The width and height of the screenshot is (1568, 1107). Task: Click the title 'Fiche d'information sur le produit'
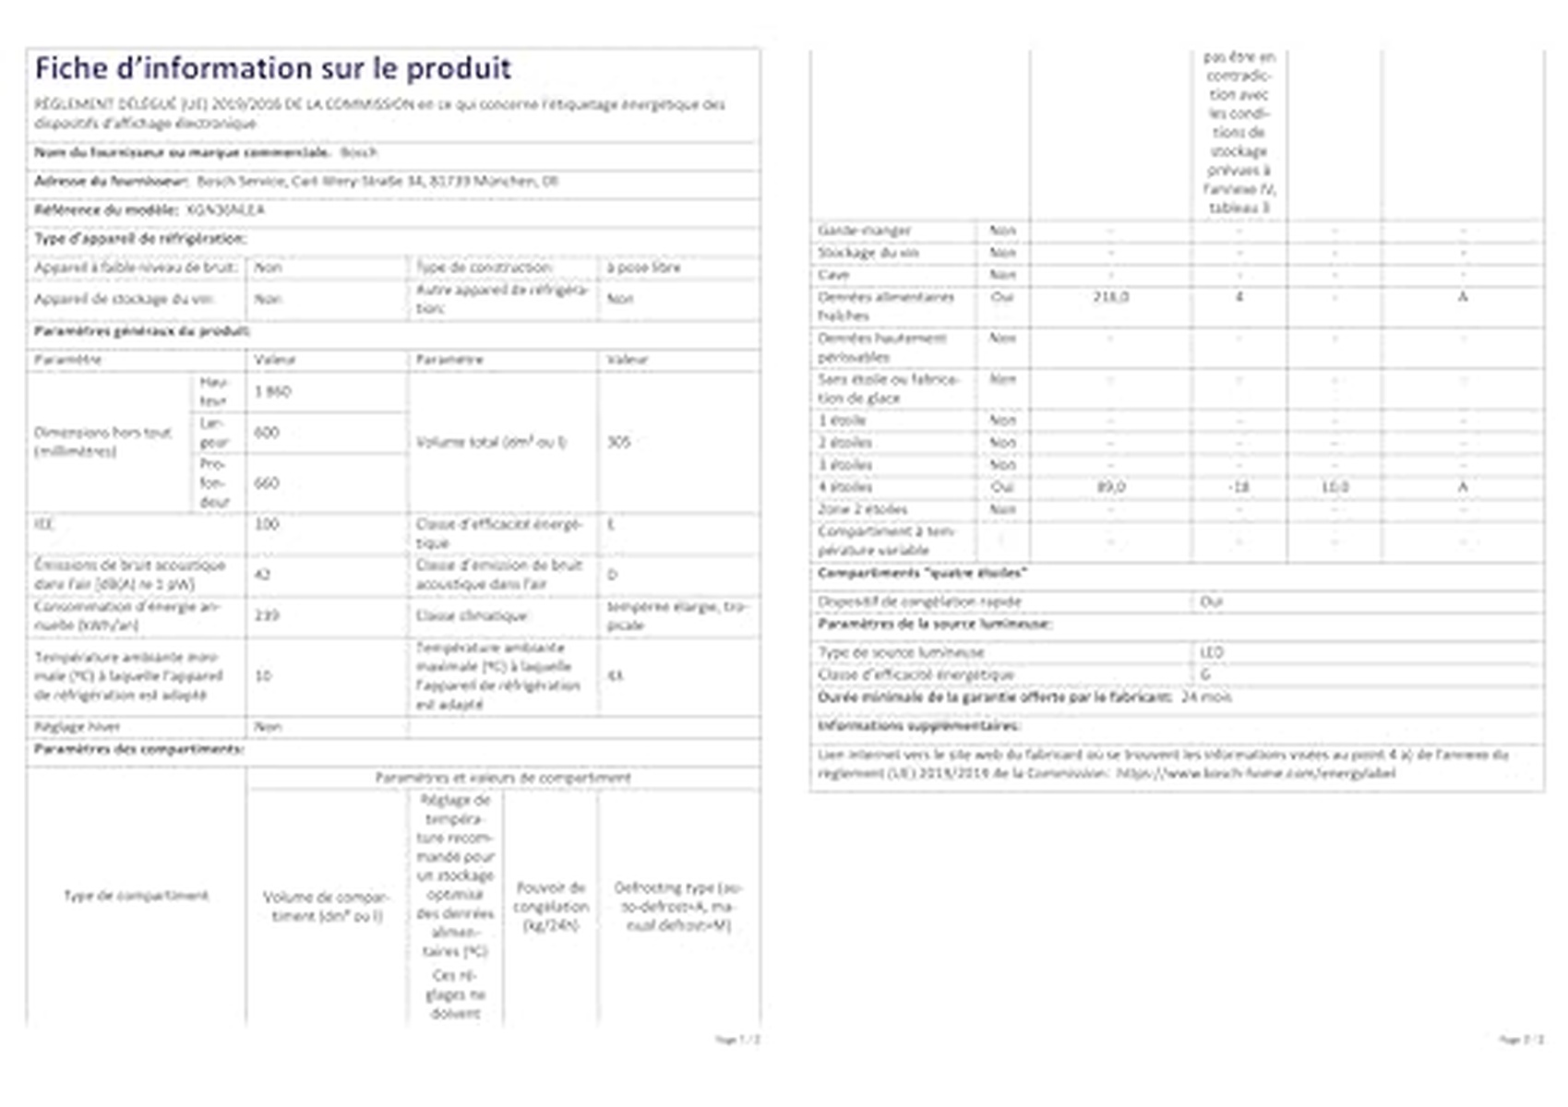[x=272, y=68]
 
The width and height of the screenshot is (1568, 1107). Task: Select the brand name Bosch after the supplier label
[x=358, y=152]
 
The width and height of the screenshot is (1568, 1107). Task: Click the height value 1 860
[x=272, y=391]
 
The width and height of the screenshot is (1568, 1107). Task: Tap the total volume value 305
[x=618, y=442]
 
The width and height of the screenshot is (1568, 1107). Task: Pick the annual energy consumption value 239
[x=266, y=615]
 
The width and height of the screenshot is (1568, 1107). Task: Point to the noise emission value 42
[x=262, y=574]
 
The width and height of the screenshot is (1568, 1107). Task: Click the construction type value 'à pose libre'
[x=643, y=268]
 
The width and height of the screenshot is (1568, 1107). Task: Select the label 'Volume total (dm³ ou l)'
[x=491, y=442]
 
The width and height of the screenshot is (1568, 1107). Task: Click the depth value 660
[x=266, y=482]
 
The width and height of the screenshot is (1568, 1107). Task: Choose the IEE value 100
[x=266, y=524]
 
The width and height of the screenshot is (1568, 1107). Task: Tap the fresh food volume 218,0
[x=1110, y=297]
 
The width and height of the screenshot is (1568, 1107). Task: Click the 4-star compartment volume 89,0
[x=1110, y=487]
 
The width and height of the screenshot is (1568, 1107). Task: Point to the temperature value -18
[x=1239, y=487]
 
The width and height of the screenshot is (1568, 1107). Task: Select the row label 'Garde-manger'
[x=864, y=230]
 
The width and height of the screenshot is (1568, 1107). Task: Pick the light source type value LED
[x=1211, y=652]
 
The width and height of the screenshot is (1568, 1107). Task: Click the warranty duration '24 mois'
[x=1206, y=697]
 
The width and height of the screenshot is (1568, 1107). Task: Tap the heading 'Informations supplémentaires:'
[x=918, y=726]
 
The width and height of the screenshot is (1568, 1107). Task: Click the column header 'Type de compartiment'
[x=136, y=896]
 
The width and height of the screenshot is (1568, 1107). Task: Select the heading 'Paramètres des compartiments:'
[x=138, y=749]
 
